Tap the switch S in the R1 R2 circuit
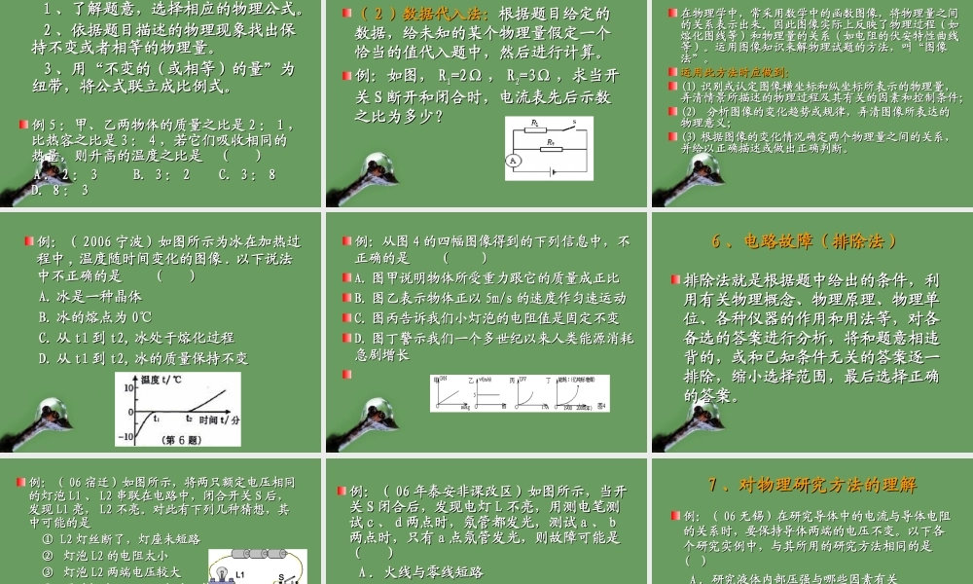pos(576,124)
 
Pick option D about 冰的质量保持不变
pos(142,358)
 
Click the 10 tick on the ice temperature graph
pos(128,388)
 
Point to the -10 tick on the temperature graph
pos(126,436)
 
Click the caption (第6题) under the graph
pos(181,441)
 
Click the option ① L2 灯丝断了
pos(122,538)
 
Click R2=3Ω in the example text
pos(533,75)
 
